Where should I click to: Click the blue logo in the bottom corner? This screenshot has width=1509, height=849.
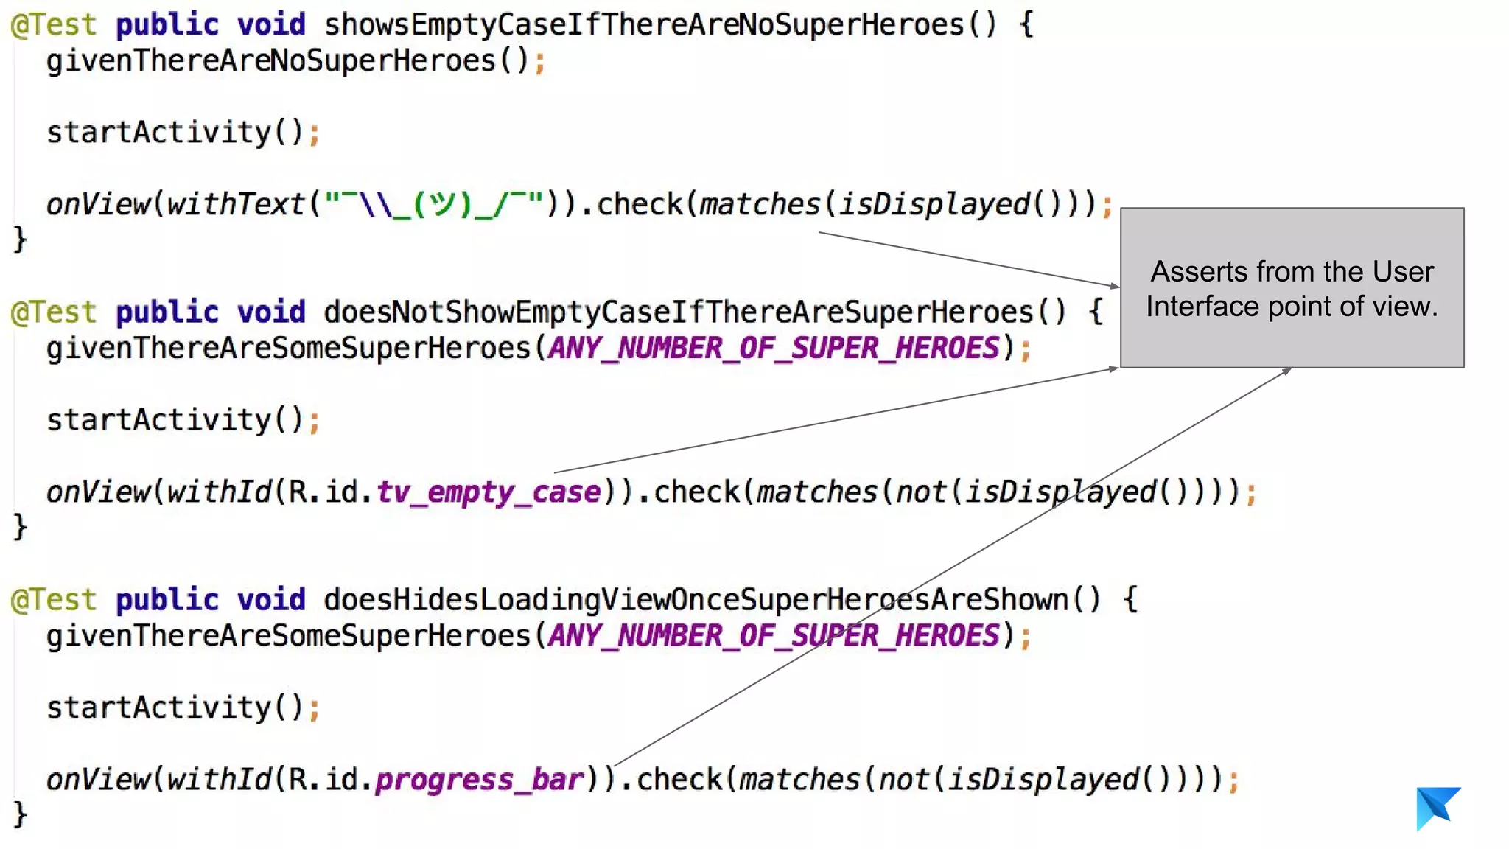pyautogui.click(x=1437, y=808)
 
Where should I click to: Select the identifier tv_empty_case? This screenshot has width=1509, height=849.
pyautogui.click(x=489, y=492)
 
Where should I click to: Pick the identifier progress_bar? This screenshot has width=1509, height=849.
pyautogui.click(x=479, y=780)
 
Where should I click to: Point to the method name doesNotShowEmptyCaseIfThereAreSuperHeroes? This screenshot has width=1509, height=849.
pyautogui.click(x=679, y=312)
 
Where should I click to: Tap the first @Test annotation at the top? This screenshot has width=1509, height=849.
pyautogui.click(x=53, y=25)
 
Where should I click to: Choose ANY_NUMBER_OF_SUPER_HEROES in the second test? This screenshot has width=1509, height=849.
pyautogui.click(x=773, y=348)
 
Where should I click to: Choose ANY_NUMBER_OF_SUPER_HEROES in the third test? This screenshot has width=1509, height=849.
pyautogui.click(x=773, y=635)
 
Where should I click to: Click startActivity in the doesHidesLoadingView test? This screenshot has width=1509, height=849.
pyautogui.click(x=158, y=707)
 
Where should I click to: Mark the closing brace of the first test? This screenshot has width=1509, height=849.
pyautogui.click(x=20, y=240)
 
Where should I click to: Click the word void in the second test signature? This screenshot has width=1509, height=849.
pyautogui.click(x=270, y=312)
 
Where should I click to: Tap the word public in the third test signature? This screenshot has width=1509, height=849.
pyautogui.click(x=167, y=600)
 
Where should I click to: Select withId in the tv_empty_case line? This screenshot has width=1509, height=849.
pyautogui.click(x=218, y=492)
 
